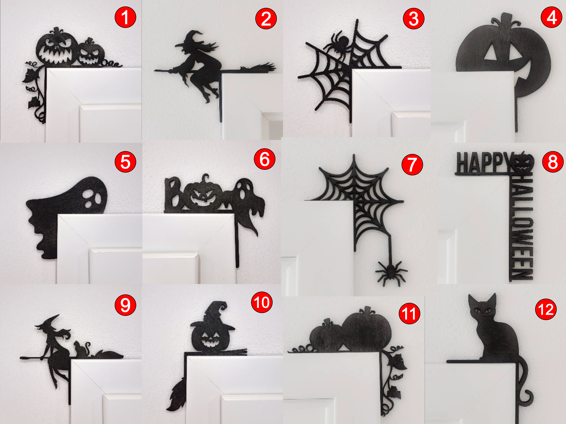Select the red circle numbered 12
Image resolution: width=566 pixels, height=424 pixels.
(x=546, y=310)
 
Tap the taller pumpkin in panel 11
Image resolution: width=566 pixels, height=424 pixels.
(x=366, y=330)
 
